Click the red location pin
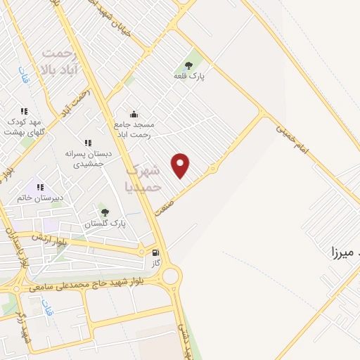click(x=181, y=166)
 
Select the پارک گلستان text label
click(x=105, y=224)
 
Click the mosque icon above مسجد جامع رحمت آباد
click(x=134, y=115)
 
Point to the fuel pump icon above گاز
click(x=155, y=252)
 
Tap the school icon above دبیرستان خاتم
click(x=41, y=187)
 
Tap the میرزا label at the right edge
click(x=345, y=250)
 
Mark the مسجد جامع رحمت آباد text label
click(x=134, y=129)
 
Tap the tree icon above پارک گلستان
click(x=105, y=212)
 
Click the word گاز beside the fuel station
click(x=156, y=263)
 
